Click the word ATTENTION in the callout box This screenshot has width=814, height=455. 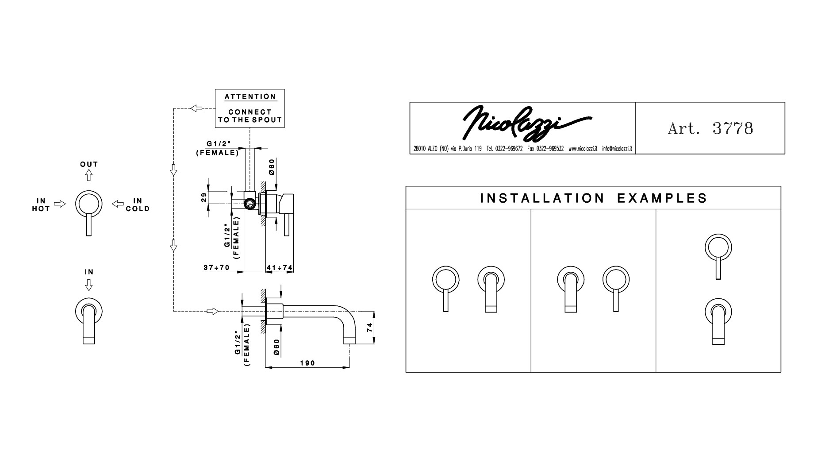pyautogui.click(x=250, y=96)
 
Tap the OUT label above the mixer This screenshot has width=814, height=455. pyautogui.click(x=89, y=164)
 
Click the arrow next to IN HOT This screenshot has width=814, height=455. pyautogui.click(x=60, y=204)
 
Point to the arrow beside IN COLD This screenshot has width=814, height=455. pyautogui.click(x=118, y=204)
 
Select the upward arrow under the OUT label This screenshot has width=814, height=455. pyautogui.click(x=89, y=175)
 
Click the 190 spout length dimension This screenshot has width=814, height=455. pyautogui.click(x=307, y=363)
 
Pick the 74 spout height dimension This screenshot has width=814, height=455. pyautogui.click(x=370, y=328)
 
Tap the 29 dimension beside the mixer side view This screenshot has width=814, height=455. pyautogui.click(x=204, y=197)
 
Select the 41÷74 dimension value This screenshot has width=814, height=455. pyautogui.click(x=280, y=268)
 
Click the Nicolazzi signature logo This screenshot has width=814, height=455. pyautogui.click(x=526, y=121)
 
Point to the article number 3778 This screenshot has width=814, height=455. pyautogui.click(x=733, y=128)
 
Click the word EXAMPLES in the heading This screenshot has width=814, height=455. pyautogui.click(x=662, y=198)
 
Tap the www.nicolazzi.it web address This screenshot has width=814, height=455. pyautogui.click(x=583, y=149)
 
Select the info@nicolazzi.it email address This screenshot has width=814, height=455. pyautogui.click(x=617, y=149)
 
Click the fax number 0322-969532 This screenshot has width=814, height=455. pyautogui.click(x=545, y=149)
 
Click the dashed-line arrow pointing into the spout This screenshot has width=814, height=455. pyautogui.click(x=213, y=311)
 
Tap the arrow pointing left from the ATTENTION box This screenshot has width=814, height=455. pyautogui.click(x=196, y=108)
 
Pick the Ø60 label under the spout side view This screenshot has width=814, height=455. pyautogui.click(x=276, y=347)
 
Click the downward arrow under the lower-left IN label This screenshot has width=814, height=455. pyautogui.click(x=89, y=285)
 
